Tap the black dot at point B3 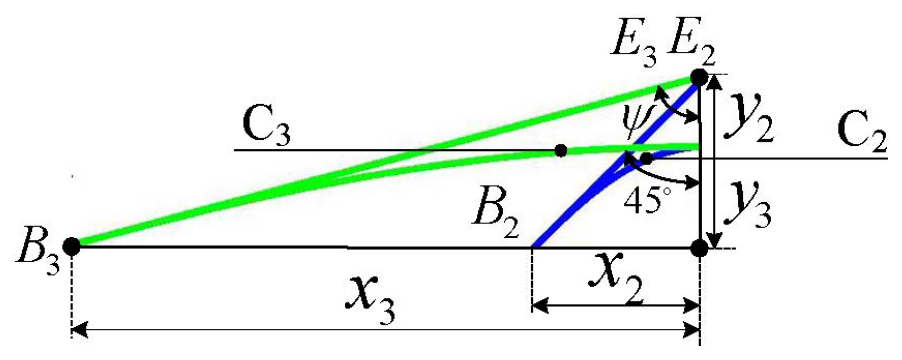(72, 246)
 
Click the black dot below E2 (699, 78)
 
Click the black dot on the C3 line (561, 151)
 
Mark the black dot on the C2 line (646, 158)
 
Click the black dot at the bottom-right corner (700, 247)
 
